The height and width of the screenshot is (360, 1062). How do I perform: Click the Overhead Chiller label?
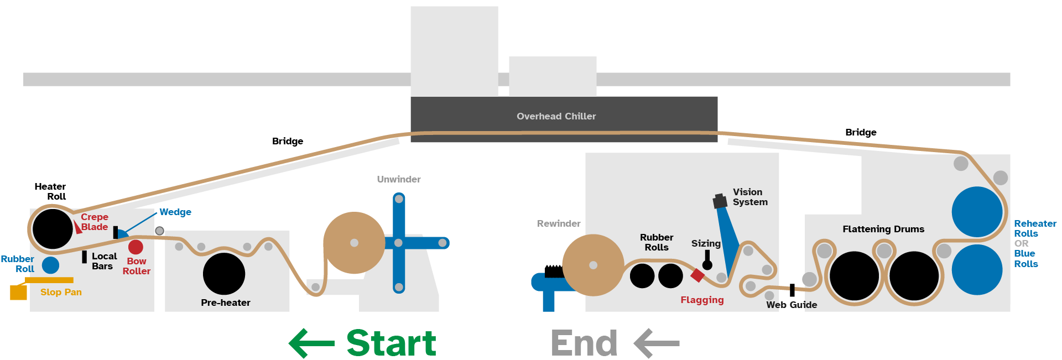556,116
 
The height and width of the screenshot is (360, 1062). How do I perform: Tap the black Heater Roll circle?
53,229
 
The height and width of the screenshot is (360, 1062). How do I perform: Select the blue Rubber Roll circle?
50,265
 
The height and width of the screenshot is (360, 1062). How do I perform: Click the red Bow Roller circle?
136,247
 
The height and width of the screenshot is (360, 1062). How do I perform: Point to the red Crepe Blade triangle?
77,227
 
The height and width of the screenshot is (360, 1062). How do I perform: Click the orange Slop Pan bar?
49,280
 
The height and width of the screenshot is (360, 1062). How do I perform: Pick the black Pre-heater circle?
224,274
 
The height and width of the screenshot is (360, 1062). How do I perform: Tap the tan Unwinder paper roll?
354,243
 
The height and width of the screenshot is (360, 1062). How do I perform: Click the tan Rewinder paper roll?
593,265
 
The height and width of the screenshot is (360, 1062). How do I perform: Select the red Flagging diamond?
697,275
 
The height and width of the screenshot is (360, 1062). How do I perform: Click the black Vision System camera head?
720,201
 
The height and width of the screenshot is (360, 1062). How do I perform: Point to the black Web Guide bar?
792,290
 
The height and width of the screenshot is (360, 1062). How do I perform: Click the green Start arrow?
311,343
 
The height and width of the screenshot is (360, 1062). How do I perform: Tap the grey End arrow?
657,343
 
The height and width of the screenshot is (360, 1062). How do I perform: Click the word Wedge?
175,212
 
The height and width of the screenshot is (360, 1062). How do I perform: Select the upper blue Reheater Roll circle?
977,212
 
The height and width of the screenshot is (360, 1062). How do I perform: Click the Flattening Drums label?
883,229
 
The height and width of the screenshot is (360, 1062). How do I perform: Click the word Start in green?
391,343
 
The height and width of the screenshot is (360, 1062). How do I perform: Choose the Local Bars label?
104,261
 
